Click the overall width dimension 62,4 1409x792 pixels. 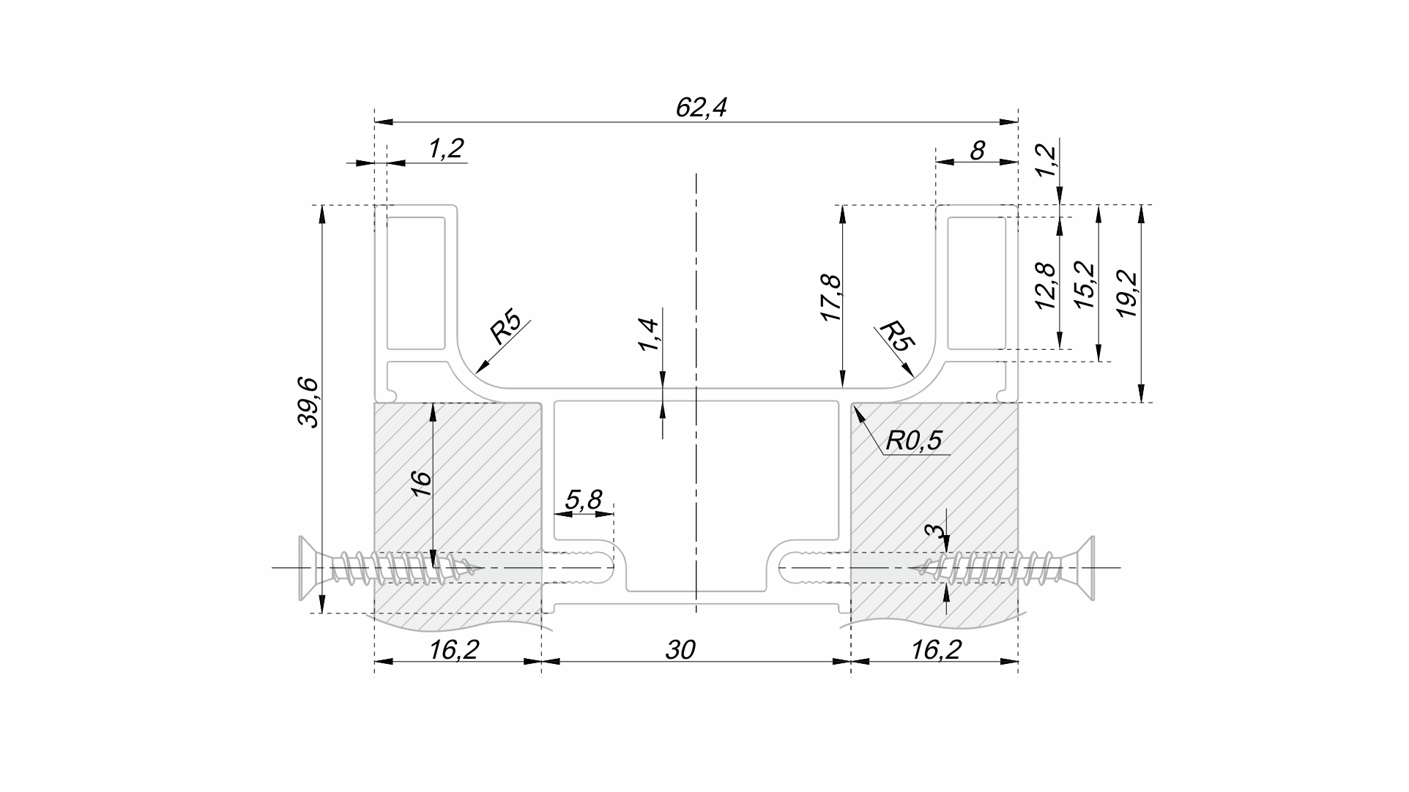click(x=701, y=108)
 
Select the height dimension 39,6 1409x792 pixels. click(x=308, y=402)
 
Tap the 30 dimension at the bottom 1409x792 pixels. click(x=680, y=649)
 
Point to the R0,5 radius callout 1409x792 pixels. click(x=913, y=441)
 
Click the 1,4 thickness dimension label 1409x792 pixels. click(x=649, y=335)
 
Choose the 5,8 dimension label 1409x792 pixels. click(x=584, y=500)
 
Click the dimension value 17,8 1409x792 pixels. click(x=831, y=298)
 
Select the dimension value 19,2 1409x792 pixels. click(x=1127, y=294)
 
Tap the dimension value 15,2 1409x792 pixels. click(x=1086, y=285)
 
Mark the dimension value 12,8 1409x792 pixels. click(x=1047, y=285)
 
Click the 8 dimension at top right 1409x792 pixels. click(x=977, y=150)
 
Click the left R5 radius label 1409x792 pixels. click(x=505, y=329)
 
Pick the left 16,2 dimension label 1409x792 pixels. click(x=454, y=649)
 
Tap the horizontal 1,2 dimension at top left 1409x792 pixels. click(x=446, y=149)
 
